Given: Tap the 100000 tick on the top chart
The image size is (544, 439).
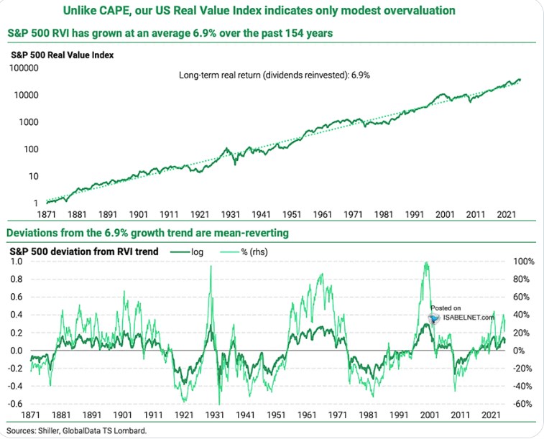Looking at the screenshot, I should (x=24, y=68).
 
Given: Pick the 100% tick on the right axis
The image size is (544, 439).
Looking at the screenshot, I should (x=523, y=261).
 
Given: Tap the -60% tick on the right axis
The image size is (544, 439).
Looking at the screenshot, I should (x=522, y=403).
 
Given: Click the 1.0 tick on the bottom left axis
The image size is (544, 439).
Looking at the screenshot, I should (x=15, y=261).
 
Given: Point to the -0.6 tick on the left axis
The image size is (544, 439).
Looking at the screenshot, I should (x=14, y=403).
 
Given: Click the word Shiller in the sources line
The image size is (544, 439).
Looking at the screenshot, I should (x=50, y=430).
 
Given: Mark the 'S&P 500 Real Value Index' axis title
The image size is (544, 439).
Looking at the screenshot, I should (x=62, y=54).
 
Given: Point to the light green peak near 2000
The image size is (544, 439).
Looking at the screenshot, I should (x=427, y=263).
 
